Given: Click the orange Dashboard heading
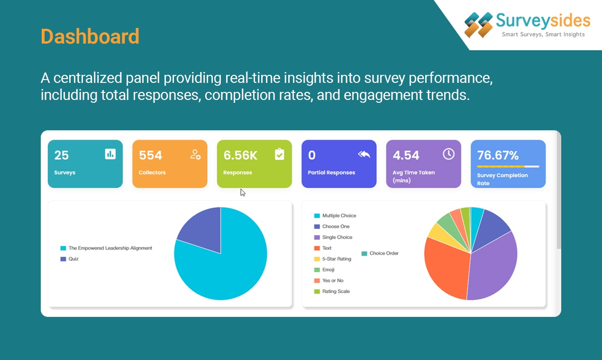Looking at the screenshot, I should (90, 37).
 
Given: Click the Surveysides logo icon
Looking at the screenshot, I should (478, 25).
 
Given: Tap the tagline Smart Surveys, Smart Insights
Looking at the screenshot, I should (543, 35).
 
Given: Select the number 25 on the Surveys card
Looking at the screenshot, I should (62, 155).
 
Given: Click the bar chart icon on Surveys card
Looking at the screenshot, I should (110, 154).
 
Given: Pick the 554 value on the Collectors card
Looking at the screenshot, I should (150, 155).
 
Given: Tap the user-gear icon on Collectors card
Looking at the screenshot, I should (195, 154).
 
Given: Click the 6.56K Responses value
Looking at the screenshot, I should (240, 155).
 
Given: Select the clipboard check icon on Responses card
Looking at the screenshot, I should (280, 154).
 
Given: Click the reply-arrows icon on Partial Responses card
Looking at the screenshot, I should (364, 154).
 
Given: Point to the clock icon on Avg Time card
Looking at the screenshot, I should (448, 154).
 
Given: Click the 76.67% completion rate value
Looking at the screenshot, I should (498, 155).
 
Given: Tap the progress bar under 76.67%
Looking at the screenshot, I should (508, 167).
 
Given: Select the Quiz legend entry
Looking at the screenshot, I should (73, 259).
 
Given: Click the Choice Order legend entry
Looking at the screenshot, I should (383, 253).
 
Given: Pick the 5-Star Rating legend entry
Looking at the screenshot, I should (336, 259).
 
